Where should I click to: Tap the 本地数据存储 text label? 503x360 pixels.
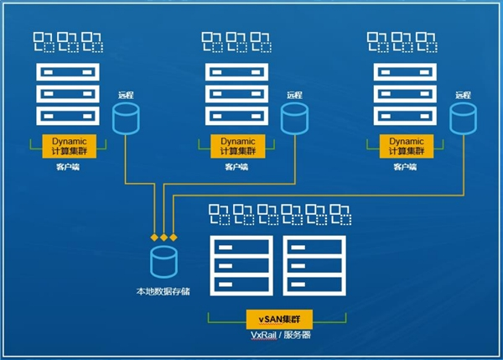coord(163,292)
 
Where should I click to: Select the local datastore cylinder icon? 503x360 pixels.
coord(163,263)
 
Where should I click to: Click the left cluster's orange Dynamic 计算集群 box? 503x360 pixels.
coord(70,146)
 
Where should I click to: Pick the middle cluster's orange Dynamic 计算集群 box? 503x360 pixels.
coord(239,146)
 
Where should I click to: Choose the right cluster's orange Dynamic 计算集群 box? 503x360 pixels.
coord(406,146)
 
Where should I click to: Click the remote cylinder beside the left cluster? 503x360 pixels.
coord(126,119)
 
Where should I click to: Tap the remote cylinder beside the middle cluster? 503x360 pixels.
coord(293,119)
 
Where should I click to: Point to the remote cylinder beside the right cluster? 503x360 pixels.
coord(462,119)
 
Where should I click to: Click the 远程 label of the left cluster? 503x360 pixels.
coord(126,96)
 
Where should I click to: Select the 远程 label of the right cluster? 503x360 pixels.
coord(462,96)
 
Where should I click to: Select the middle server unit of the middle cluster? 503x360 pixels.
coord(230,92)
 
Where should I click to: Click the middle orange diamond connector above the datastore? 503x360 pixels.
coord(163,237)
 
